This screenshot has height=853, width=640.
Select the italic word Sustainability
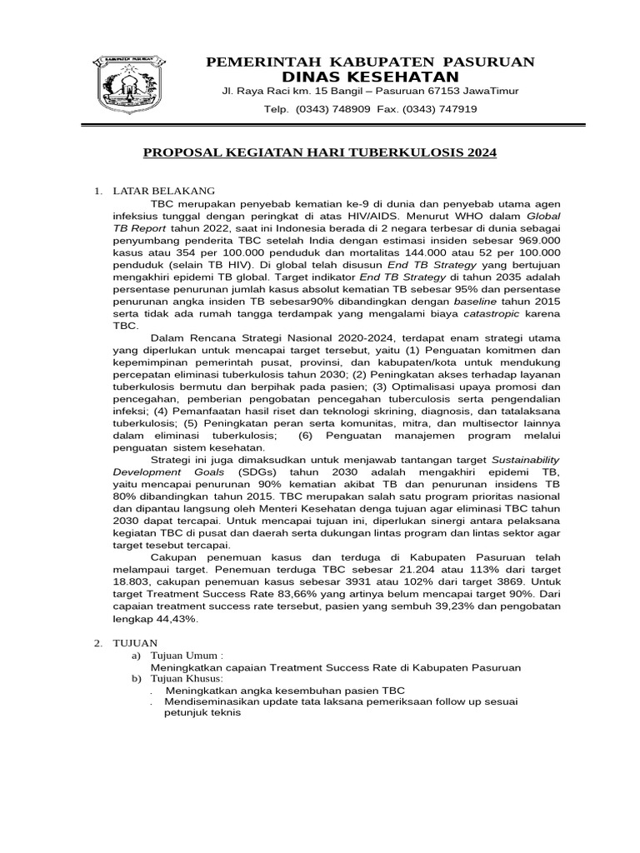[x=512, y=459]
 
